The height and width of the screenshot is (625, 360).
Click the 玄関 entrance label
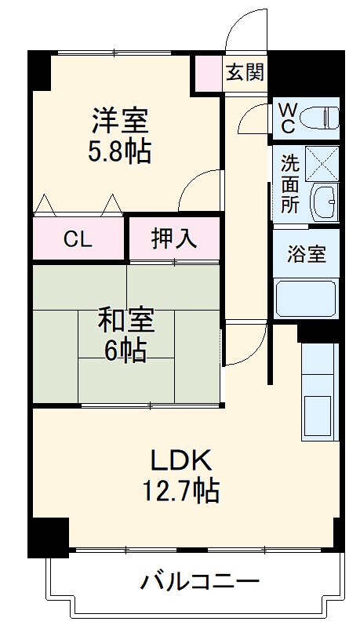[245, 73]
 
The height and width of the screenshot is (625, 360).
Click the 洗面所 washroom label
[290, 185]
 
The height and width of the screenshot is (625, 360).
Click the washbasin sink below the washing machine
[324, 203]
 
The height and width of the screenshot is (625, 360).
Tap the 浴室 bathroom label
[306, 255]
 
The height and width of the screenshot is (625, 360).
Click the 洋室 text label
[120, 121]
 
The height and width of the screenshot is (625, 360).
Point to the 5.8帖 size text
[120, 151]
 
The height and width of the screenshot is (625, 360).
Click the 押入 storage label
[173, 239]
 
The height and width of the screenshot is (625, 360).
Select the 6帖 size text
[125, 351]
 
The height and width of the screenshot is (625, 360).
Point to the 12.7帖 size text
[180, 491]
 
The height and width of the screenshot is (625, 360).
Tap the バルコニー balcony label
[200, 582]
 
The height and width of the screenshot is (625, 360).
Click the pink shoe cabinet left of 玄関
[208, 73]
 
